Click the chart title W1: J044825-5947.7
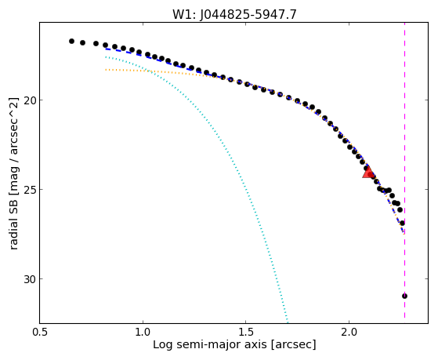234,14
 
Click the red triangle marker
368,173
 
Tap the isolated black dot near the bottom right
404,296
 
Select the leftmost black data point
71,41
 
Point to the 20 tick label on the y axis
30,100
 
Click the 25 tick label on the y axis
30,190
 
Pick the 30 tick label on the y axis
30,279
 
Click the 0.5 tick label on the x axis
40,332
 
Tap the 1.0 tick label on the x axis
143,332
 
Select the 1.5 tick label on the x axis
245,332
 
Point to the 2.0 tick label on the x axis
349,332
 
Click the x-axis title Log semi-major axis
210,345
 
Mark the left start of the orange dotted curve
106,69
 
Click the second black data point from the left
83,42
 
